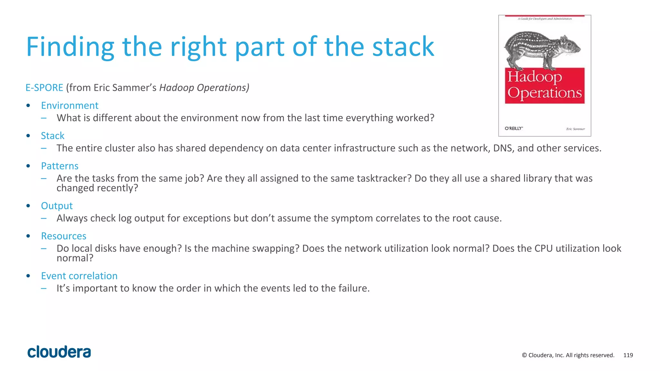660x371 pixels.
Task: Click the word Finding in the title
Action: click(70, 47)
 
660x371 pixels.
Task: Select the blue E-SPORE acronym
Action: click(44, 88)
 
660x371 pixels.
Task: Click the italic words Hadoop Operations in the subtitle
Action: click(204, 88)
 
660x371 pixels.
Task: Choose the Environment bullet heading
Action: click(70, 106)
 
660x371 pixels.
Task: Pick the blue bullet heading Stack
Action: click(53, 136)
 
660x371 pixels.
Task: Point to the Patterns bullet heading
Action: click(60, 166)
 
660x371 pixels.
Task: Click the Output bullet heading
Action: click(57, 206)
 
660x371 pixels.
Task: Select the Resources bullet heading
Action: click(63, 236)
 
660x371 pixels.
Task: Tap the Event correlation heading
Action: click(79, 276)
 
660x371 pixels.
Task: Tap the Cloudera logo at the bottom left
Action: click(59, 352)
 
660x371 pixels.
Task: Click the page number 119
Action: click(628, 355)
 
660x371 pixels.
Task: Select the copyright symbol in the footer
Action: click(524, 355)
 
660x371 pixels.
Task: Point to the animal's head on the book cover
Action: click(570, 45)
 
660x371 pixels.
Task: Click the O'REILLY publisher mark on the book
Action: click(513, 128)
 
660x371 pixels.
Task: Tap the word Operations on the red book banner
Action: click(545, 93)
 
